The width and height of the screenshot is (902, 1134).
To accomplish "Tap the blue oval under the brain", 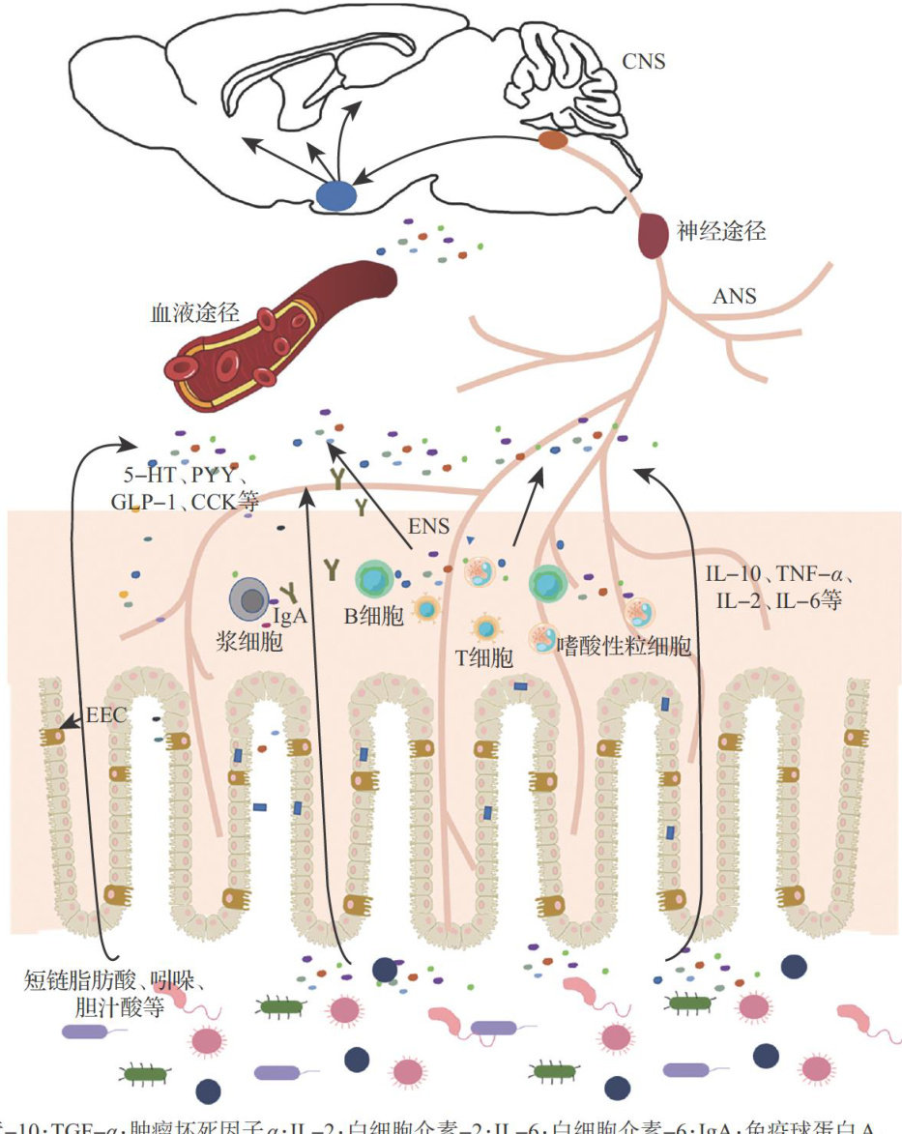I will (335, 195).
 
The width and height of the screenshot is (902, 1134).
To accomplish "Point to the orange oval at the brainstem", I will (553, 140).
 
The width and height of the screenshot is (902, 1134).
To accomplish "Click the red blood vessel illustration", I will (280, 329).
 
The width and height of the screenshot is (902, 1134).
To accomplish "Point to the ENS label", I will (429, 527).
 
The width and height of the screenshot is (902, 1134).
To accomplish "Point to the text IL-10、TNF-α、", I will (779, 576).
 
